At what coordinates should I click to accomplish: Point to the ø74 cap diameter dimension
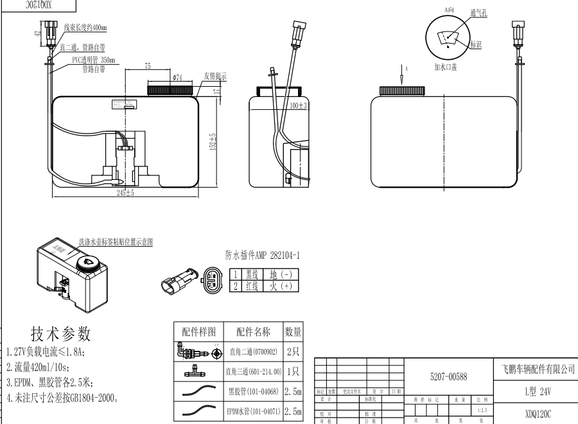click(177, 78)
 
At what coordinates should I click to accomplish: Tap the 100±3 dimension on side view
click(299, 105)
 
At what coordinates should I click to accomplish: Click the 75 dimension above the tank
click(147, 66)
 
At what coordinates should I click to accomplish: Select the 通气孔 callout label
click(478, 13)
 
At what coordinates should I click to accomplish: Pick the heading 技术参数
click(61, 334)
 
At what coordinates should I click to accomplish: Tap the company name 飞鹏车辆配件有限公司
click(537, 369)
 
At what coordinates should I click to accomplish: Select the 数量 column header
click(293, 332)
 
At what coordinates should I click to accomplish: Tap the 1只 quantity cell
click(293, 371)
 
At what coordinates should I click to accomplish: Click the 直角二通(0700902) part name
click(253, 352)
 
